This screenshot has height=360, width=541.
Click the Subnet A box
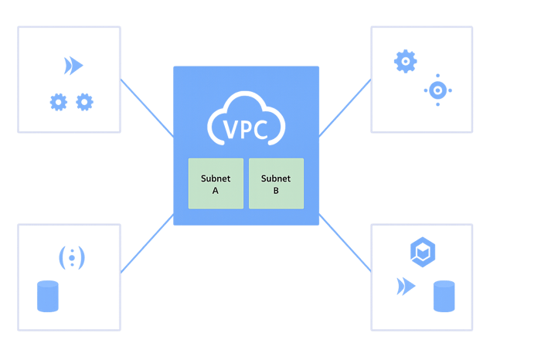click(216, 184)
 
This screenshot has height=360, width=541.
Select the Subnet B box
click(276, 184)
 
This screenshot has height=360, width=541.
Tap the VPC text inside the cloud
click(247, 128)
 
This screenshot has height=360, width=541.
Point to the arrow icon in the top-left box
click(73, 66)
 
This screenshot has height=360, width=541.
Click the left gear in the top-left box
click(57, 100)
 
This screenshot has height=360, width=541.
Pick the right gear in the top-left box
click(84, 100)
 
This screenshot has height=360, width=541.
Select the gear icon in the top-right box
click(406, 61)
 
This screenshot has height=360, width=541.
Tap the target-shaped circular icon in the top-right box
click(437, 90)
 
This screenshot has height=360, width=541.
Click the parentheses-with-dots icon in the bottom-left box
click(70, 256)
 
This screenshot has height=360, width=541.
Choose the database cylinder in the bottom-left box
click(48, 297)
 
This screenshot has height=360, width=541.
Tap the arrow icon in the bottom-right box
click(405, 287)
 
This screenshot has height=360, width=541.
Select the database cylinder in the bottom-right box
click(444, 297)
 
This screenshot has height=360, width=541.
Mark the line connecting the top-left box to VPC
click(147, 107)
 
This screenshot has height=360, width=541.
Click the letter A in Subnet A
click(216, 192)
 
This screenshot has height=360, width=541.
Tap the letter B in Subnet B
click(276, 192)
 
